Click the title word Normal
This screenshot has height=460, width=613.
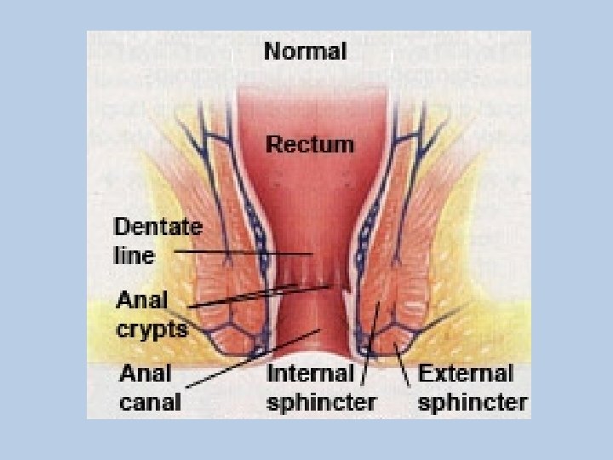(306, 51)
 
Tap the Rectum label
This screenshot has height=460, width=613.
(310, 144)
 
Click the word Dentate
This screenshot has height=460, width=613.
(158, 228)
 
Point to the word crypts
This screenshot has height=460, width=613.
(152, 328)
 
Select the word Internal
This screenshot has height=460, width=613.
(310, 373)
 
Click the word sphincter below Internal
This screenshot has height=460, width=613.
(321, 400)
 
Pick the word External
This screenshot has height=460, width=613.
(466, 373)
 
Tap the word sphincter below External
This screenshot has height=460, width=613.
(473, 400)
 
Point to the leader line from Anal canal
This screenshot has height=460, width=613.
(255, 358)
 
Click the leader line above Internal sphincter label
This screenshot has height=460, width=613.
(370, 341)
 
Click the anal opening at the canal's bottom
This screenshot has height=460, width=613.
(320, 355)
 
